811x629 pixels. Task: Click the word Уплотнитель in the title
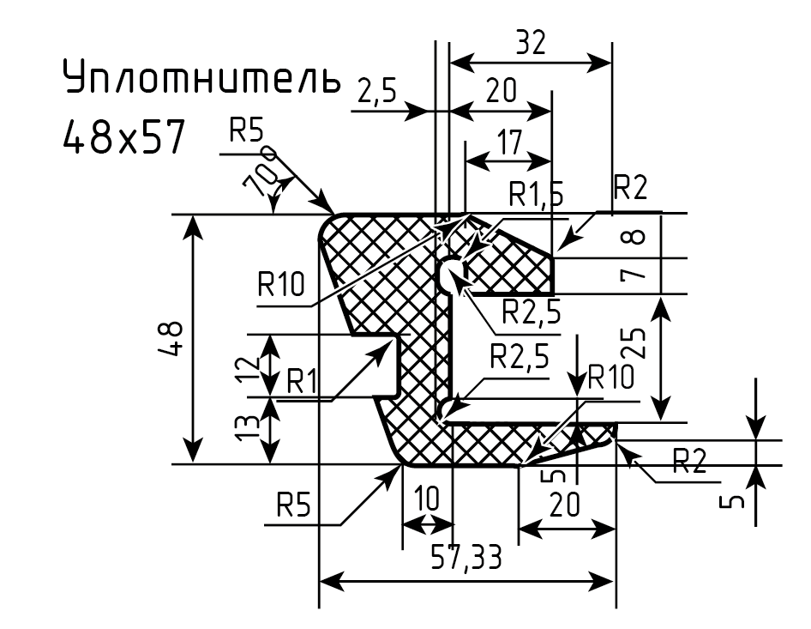202,77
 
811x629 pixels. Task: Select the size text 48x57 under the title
123,136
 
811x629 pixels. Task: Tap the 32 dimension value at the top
531,42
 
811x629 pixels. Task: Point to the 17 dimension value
509,142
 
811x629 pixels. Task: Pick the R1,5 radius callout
536,194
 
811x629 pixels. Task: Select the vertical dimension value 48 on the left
171,339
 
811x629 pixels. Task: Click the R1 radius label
302,381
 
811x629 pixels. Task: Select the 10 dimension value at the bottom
427,499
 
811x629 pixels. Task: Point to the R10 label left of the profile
281,284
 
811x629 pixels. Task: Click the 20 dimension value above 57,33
564,505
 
